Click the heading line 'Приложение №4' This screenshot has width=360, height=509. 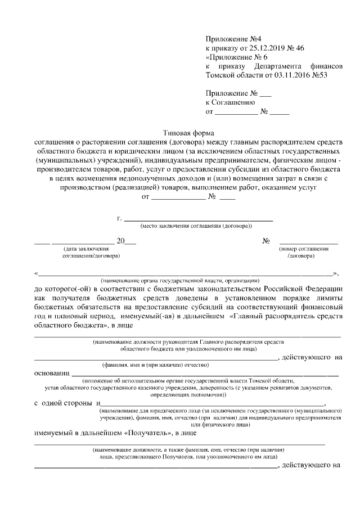tap(232, 40)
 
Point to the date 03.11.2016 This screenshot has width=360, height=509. tap(294, 74)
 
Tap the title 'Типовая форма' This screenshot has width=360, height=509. tap(186, 134)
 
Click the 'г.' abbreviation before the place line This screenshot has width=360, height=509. tap(119, 218)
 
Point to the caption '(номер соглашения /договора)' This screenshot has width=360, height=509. tap(304, 251)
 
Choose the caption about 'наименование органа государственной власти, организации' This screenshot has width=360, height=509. tap(179, 280)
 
